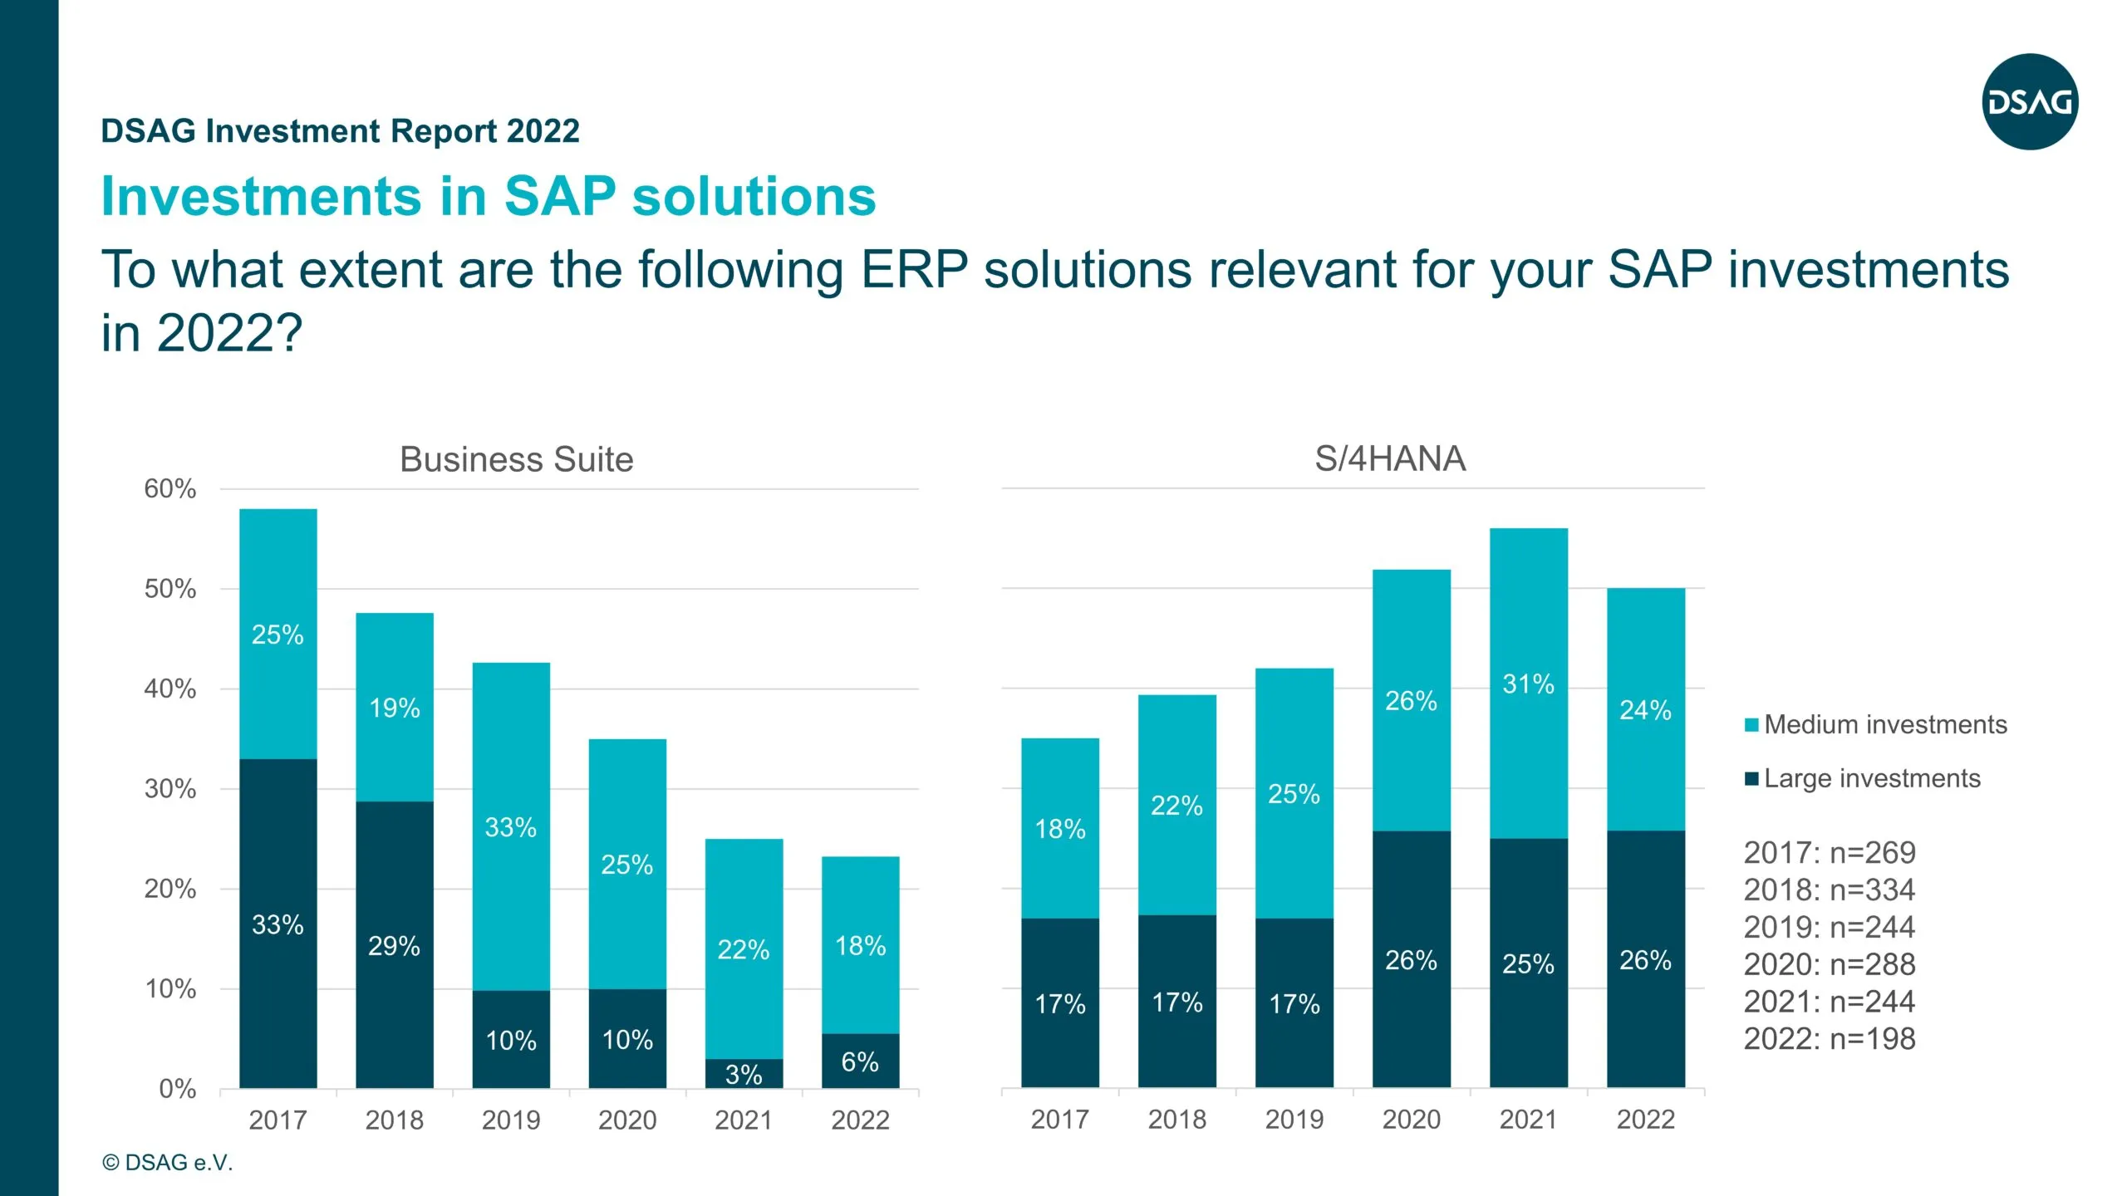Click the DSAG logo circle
pyautogui.click(x=2030, y=102)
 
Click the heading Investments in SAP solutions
pyautogui.click(x=489, y=197)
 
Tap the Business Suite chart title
pyautogui.click(x=516, y=459)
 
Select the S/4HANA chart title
pyautogui.click(x=1390, y=458)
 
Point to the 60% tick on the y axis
pyautogui.click(x=170, y=488)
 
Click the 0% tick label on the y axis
pyautogui.click(x=177, y=1089)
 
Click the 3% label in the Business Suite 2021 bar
pyautogui.click(x=744, y=1075)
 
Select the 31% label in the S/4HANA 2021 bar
pyautogui.click(x=1528, y=684)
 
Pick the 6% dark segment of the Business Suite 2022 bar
pyautogui.click(x=860, y=1061)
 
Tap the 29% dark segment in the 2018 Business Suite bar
pyautogui.click(x=395, y=945)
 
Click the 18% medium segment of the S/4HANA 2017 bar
pyautogui.click(x=1059, y=828)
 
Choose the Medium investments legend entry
pyautogui.click(x=1876, y=724)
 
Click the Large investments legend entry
pyautogui.click(x=1863, y=778)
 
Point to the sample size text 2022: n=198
pyautogui.click(x=1829, y=1039)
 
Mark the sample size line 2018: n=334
pyautogui.click(x=1829, y=890)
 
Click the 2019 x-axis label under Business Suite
pyautogui.click(x=511, y=1120)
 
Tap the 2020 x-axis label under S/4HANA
pyautogui.click(x=1411, y=1120)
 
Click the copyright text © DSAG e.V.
pyautogui.click(x=167, y=1163)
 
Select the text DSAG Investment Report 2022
pyautogui.click(x=340, y=131)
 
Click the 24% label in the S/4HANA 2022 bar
pyautogui.click(x=1645, y=710)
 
